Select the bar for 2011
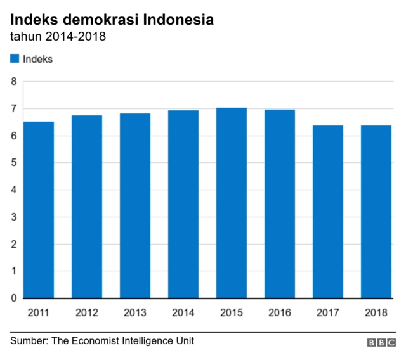tap(39, 210)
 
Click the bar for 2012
tap(87, 207)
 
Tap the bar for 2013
tap(135, 206)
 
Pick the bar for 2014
tap(183, 204)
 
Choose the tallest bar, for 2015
tap(232, 203)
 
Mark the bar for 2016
tap(280, 204)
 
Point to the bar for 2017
tap(328, 212)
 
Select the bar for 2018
tap(376, 212)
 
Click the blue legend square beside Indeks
tap(15, 60)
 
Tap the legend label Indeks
tap(37, 60)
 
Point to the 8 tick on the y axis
tap(13, 82)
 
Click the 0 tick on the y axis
tap(13, 299)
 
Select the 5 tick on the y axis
tap(13, 163)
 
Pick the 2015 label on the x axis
tap(232, 312)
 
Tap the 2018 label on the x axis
tap(376, 312)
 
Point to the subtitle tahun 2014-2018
tap(58, 37)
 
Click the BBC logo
tap(381, 342)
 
